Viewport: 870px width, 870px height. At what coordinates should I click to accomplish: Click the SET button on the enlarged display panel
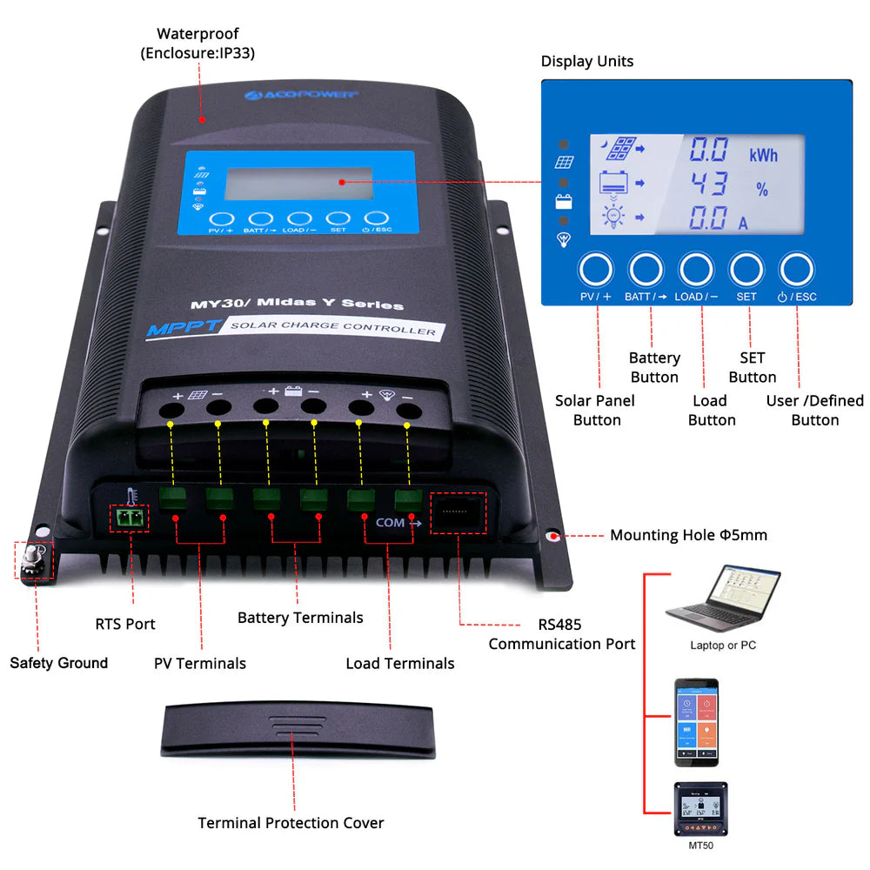point(746,271)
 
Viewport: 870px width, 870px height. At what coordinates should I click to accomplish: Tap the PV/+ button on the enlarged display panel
point(596,271)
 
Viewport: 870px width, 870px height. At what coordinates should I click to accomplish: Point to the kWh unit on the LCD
point(763,156)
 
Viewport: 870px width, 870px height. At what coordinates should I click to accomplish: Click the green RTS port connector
point(129,519)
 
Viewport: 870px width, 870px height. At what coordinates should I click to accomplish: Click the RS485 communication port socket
point(458,514)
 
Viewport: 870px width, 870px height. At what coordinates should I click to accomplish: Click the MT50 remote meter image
point(700,810)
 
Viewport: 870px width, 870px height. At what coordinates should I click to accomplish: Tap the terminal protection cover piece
point(296,731)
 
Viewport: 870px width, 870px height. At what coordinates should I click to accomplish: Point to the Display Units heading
point(587,61)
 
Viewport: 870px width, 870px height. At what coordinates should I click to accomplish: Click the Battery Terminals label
point(300,618)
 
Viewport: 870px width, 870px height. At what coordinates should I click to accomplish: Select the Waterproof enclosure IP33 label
point(197,43)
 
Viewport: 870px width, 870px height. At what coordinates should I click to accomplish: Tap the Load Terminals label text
point(400,664)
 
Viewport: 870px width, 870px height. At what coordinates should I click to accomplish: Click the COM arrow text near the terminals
point(398,524)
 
